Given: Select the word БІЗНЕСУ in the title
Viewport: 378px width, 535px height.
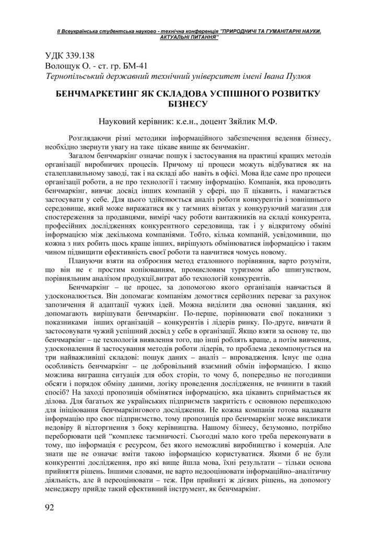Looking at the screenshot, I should tap(188, 103).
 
